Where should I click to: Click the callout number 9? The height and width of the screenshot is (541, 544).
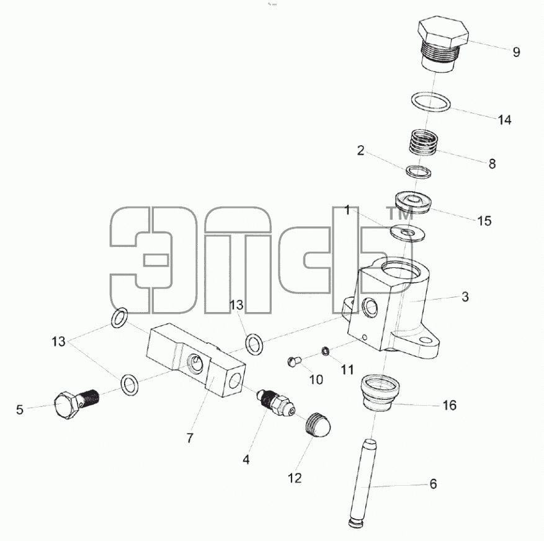(x=517, y=52)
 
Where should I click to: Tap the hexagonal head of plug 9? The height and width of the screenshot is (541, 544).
(x=444, y=33)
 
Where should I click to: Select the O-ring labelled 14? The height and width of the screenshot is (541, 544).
(x=431, y=103)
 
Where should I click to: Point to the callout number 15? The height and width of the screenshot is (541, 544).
(x=484, y=221)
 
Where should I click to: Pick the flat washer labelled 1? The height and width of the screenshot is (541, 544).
(x=408, y=232)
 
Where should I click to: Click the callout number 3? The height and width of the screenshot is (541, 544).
(x=465, y=297)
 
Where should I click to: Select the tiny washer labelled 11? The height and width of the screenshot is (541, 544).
(x=326, y=351)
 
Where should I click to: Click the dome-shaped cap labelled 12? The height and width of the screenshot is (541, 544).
(x=318, y=426)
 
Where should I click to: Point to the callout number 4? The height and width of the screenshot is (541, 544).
(x=246, y=460)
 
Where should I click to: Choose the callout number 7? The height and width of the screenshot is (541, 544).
(x=189, y=438)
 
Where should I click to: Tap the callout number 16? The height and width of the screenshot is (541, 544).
(x=450, y=405)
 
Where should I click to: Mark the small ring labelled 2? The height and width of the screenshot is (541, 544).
(x=419, y=172)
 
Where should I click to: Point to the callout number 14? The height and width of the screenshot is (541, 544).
(x=504, y=120)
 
